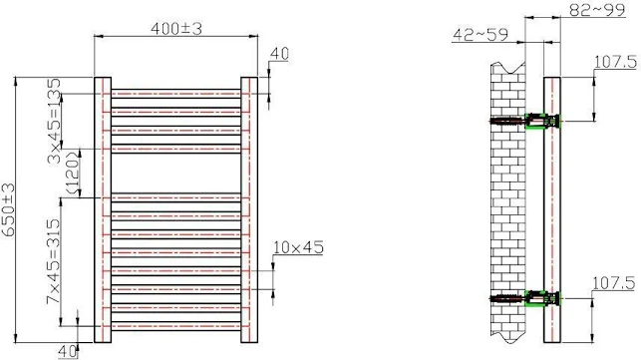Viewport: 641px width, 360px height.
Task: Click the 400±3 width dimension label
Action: [176, 27]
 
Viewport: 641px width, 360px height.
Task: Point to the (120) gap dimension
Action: [71, 172]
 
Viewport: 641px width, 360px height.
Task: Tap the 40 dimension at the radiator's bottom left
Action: [68, 349]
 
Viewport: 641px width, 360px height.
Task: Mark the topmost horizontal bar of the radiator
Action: [175, 94]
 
